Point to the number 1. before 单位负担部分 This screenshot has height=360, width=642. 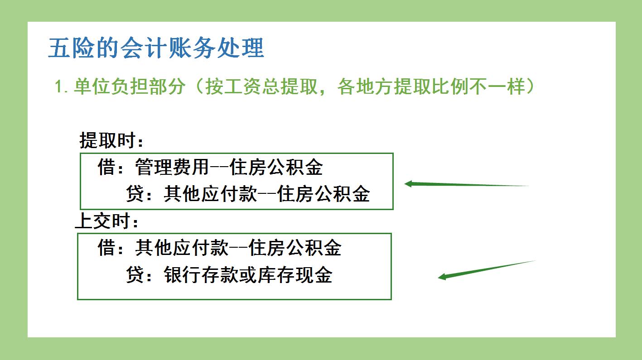61,86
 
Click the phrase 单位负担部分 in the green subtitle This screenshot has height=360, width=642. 129,86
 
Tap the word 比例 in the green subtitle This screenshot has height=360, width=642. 461,86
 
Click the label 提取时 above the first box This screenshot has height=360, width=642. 108,140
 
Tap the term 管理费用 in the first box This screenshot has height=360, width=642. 172,168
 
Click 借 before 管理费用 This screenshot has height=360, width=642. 106,168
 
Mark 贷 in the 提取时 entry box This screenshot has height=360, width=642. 135,194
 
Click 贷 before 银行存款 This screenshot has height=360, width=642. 135,275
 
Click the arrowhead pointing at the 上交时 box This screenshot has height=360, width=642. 442,276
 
